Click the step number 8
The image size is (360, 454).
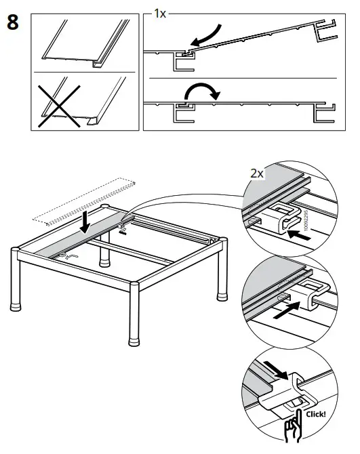pyautogui.click(x=12, y=22)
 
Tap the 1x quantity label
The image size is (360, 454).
pyautogui.click(x=160, y=13)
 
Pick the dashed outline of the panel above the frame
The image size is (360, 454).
pyautogui.click(x=85, y=199)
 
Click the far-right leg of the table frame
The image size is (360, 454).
pyautogui.click(x=220, y=278)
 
